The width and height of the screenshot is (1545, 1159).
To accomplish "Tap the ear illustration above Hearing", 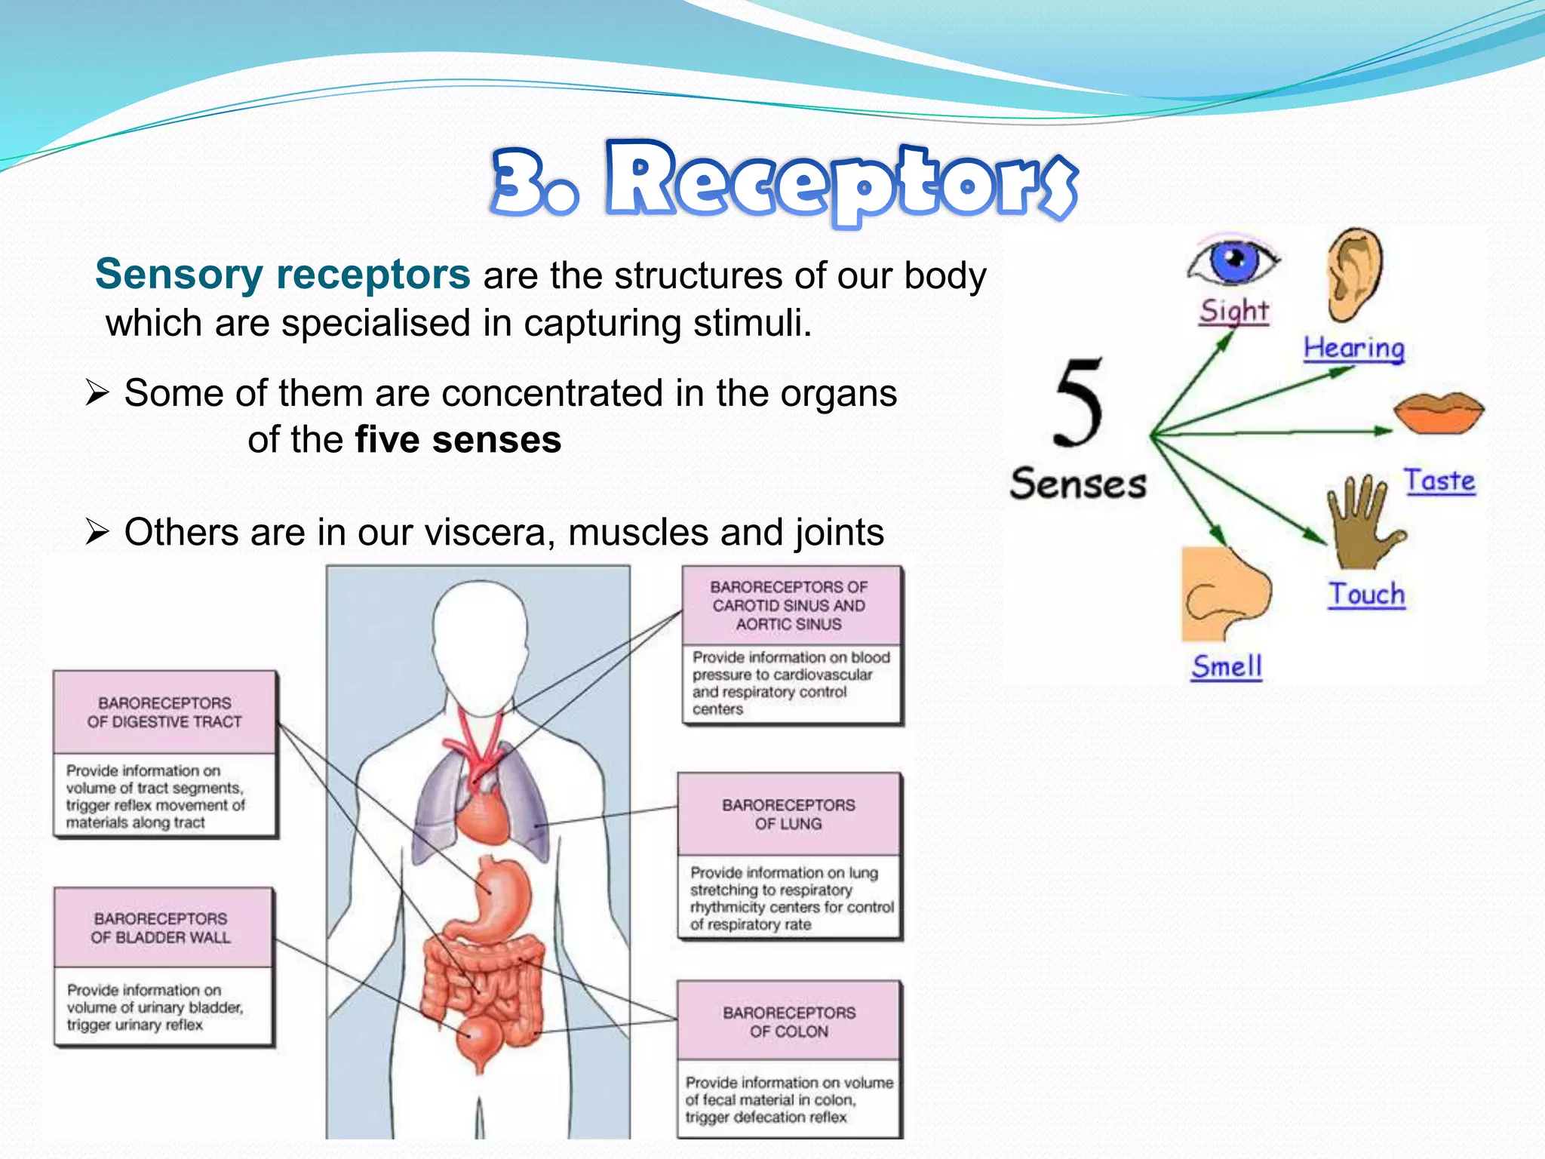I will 1355,276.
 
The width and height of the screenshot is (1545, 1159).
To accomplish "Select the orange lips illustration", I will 1438,412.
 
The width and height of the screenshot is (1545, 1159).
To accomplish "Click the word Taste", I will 1439,481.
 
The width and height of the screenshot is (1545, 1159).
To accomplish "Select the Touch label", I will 1366,595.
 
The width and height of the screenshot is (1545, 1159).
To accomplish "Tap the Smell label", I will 1227,666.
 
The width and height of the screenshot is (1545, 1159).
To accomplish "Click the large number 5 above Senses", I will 1079,404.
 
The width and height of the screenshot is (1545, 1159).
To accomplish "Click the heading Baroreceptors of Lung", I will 788,814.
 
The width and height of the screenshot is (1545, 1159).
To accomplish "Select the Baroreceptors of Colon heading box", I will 788,1022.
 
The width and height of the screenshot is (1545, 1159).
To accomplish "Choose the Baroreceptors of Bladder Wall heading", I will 161,928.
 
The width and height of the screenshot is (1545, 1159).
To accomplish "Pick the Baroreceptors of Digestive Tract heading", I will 164,712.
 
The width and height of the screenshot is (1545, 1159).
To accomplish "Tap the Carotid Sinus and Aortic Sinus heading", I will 789,605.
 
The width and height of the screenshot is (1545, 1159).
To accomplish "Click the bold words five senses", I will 458,440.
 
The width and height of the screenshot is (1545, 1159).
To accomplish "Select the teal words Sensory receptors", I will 283,274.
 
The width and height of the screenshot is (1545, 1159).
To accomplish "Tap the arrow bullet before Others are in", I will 97,532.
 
